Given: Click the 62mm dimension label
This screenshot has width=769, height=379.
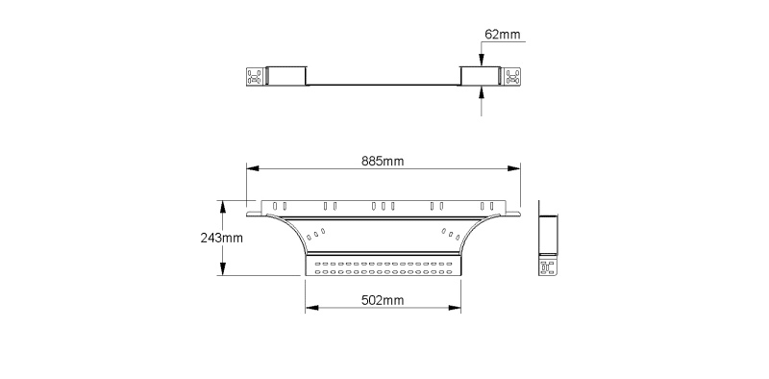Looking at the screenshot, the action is pyautogui.click(x=502, y=35).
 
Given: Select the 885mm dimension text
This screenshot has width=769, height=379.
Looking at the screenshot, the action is pyautogui.click(x=383, y=161).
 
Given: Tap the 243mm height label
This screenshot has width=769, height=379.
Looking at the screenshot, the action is pyautogui.click(x=222, y=239).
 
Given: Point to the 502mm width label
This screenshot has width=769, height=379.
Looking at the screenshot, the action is pyautogui.click(x=383, y=300).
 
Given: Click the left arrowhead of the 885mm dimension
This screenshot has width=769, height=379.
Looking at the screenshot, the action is pyautogui.click(x=253, y=168).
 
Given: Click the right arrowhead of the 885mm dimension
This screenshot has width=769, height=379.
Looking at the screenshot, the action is pyautogui.click(x=514, y=168).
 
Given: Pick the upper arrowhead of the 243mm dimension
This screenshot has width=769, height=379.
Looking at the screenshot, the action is pyautogui.click(x=223, y=207).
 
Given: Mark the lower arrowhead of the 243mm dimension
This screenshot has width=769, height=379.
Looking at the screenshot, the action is pyautogui.click(x=223, y=269).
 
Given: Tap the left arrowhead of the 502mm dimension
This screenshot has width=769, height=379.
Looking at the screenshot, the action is pyautogui.click(x=311, y=308).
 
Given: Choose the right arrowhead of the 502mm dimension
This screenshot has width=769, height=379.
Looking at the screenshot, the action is pyautogui.click(x=455, y=308).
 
